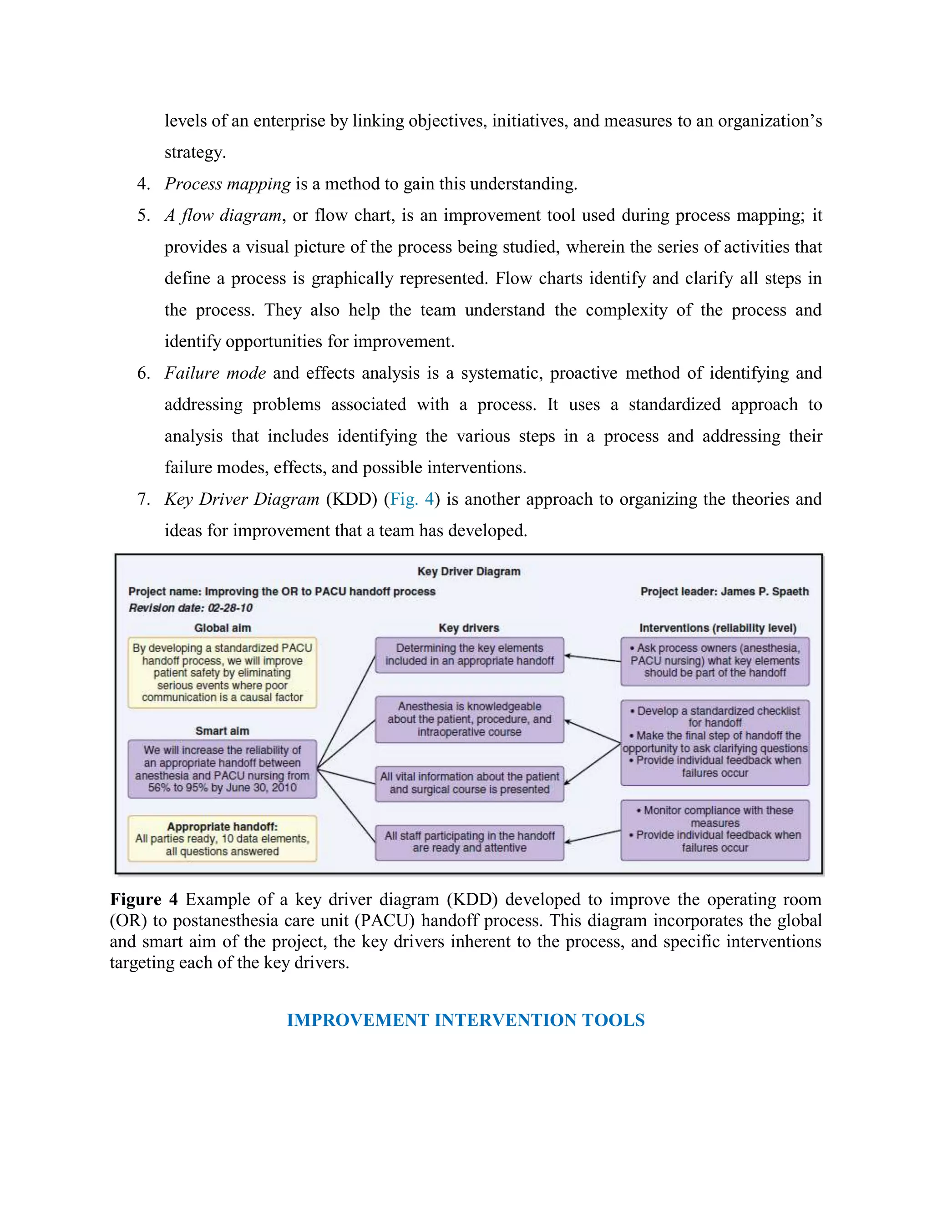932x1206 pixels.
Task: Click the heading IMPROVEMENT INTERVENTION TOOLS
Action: pyautogui.click(x=466, y=1020)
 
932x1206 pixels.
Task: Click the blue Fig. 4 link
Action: pyautogui.click(x=411, y=499)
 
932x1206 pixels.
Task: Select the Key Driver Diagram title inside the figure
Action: pyautogui.click(x=469, y=571)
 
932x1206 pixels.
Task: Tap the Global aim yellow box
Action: pyautogui.click(x=222, y=673)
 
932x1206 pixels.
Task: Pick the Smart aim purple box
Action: pyautogui.click(x=222, y=769)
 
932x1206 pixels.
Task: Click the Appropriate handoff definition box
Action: pyautogui.click(x=222, y=838)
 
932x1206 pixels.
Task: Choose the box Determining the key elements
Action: pyautogui.click(x=469, y=655)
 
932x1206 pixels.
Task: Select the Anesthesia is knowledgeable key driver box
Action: pyautogui.click(x=469, y=719)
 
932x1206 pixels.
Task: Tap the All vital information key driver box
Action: pyautogui.click(x=469, y=783)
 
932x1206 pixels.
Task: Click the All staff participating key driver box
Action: pyautogui.click(x=469, y=842)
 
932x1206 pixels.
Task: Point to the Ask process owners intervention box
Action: pyautogui.click(x=715, y=661)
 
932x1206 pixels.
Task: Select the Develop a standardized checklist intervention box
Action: pyautogui.click(x=715, y=742)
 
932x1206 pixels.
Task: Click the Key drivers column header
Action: pyautogui.click(x=469, y=628)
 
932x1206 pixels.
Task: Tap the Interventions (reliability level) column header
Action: pyautogui.click(x=718, y=628)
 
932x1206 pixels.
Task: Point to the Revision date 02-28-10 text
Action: pyautogui.click(x=191, y=608)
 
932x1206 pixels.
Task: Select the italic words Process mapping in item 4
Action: pyautogui.click(x=228, y=184)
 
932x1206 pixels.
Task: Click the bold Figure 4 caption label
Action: pyautogui.click(x=143, y=900)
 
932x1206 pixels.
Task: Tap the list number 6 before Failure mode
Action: pyautogui.click(x=142, y=373)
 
